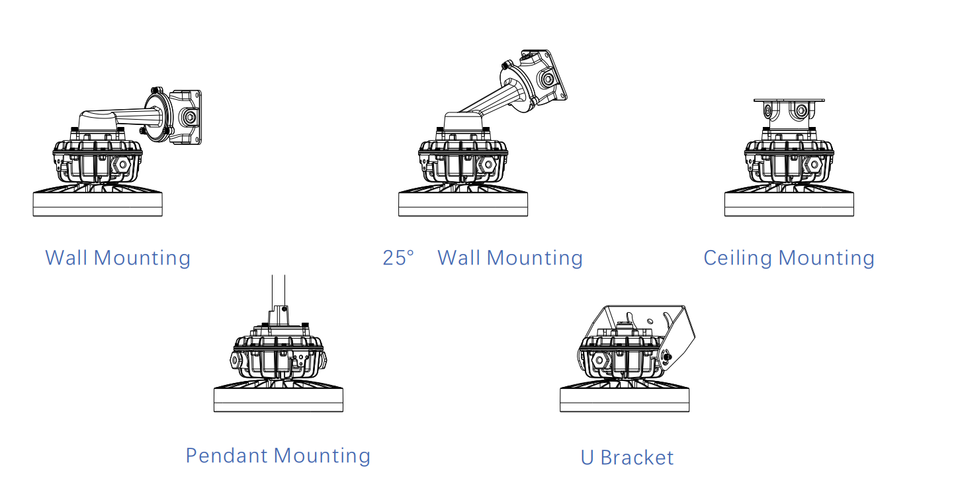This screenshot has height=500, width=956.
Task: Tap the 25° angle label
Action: click(398, 258)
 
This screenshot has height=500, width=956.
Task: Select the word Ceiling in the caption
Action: click(738, 259)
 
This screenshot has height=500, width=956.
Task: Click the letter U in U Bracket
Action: click(587, 458)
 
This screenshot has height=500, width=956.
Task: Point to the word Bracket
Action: click(637, 458)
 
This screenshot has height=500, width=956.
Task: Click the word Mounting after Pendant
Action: click(322, 456)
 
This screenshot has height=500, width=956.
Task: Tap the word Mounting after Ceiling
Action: click(826, 259)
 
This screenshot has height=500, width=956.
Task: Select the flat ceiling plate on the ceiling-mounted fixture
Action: click(789, 101)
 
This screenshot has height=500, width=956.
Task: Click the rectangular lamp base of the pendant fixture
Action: click(279, 399)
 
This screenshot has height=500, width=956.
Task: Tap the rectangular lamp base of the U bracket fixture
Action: click(625, 399)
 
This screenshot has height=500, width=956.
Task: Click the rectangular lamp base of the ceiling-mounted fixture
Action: click(789, 204)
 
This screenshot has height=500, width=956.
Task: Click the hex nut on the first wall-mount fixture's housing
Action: click(123, 164)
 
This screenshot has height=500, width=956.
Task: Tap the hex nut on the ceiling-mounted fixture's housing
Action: click(814, 164)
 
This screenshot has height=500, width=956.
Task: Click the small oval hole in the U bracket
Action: click(650, 321)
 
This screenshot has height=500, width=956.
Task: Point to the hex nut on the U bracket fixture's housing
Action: click(599, 360)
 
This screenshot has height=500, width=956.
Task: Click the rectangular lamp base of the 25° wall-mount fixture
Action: click(463, 204)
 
